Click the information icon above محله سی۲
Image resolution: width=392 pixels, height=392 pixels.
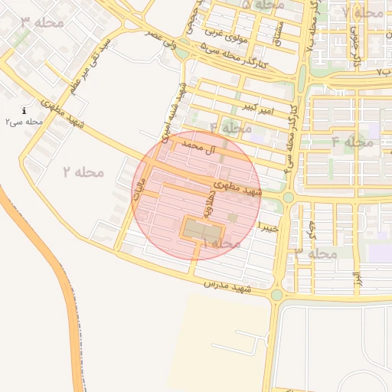click(x=25, y=110)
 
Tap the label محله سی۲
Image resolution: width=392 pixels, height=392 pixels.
click(x=24, y=122)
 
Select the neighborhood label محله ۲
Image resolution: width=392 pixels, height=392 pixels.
click(x=83, y=171)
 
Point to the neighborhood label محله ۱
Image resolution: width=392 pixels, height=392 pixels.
click(x=221, y=242)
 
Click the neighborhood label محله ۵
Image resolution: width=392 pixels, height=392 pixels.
click(x=263, y=5)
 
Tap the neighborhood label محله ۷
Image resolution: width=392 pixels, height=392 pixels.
click(x=363, y=13)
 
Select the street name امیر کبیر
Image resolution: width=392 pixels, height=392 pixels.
click(x=256, y=104)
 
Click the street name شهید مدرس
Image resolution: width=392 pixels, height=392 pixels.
click(x=228, y=287)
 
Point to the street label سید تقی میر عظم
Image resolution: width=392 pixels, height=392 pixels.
click(x=94, y=65)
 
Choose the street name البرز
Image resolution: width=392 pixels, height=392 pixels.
click(x=356, y=280)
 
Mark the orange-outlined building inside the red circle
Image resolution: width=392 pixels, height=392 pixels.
click(x=202, y=228)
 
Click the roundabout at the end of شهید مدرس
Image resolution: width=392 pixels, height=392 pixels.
click(x=277, y=294)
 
